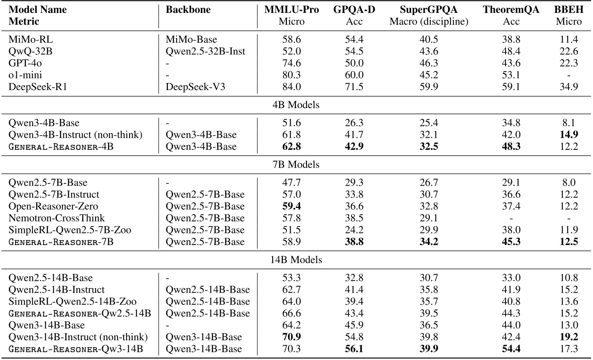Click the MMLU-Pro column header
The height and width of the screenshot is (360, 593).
pyautogui.click(x=292, y=10)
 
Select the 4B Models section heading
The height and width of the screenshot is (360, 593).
pyautogui.click(x=296, y=105)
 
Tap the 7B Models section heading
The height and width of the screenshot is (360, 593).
pyautogui.click(x=296, y=165)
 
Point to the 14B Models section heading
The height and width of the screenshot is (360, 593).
pyautogui.click(x=296, y=260)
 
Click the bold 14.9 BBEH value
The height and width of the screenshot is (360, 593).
pyautogui.click(x=569, y=135)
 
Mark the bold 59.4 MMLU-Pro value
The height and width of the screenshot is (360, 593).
pyautogui.click(x=292, y=206)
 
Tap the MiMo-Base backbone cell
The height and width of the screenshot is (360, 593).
pyautogui.click(x=189, y=40)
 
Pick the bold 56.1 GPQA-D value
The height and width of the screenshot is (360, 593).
pyautogui.click(x=354, y=349)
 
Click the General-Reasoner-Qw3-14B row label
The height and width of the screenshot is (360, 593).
pyautogui.click(x=80, y=349)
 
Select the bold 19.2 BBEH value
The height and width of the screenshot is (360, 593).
pyautogui.click(x=569, y=337)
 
